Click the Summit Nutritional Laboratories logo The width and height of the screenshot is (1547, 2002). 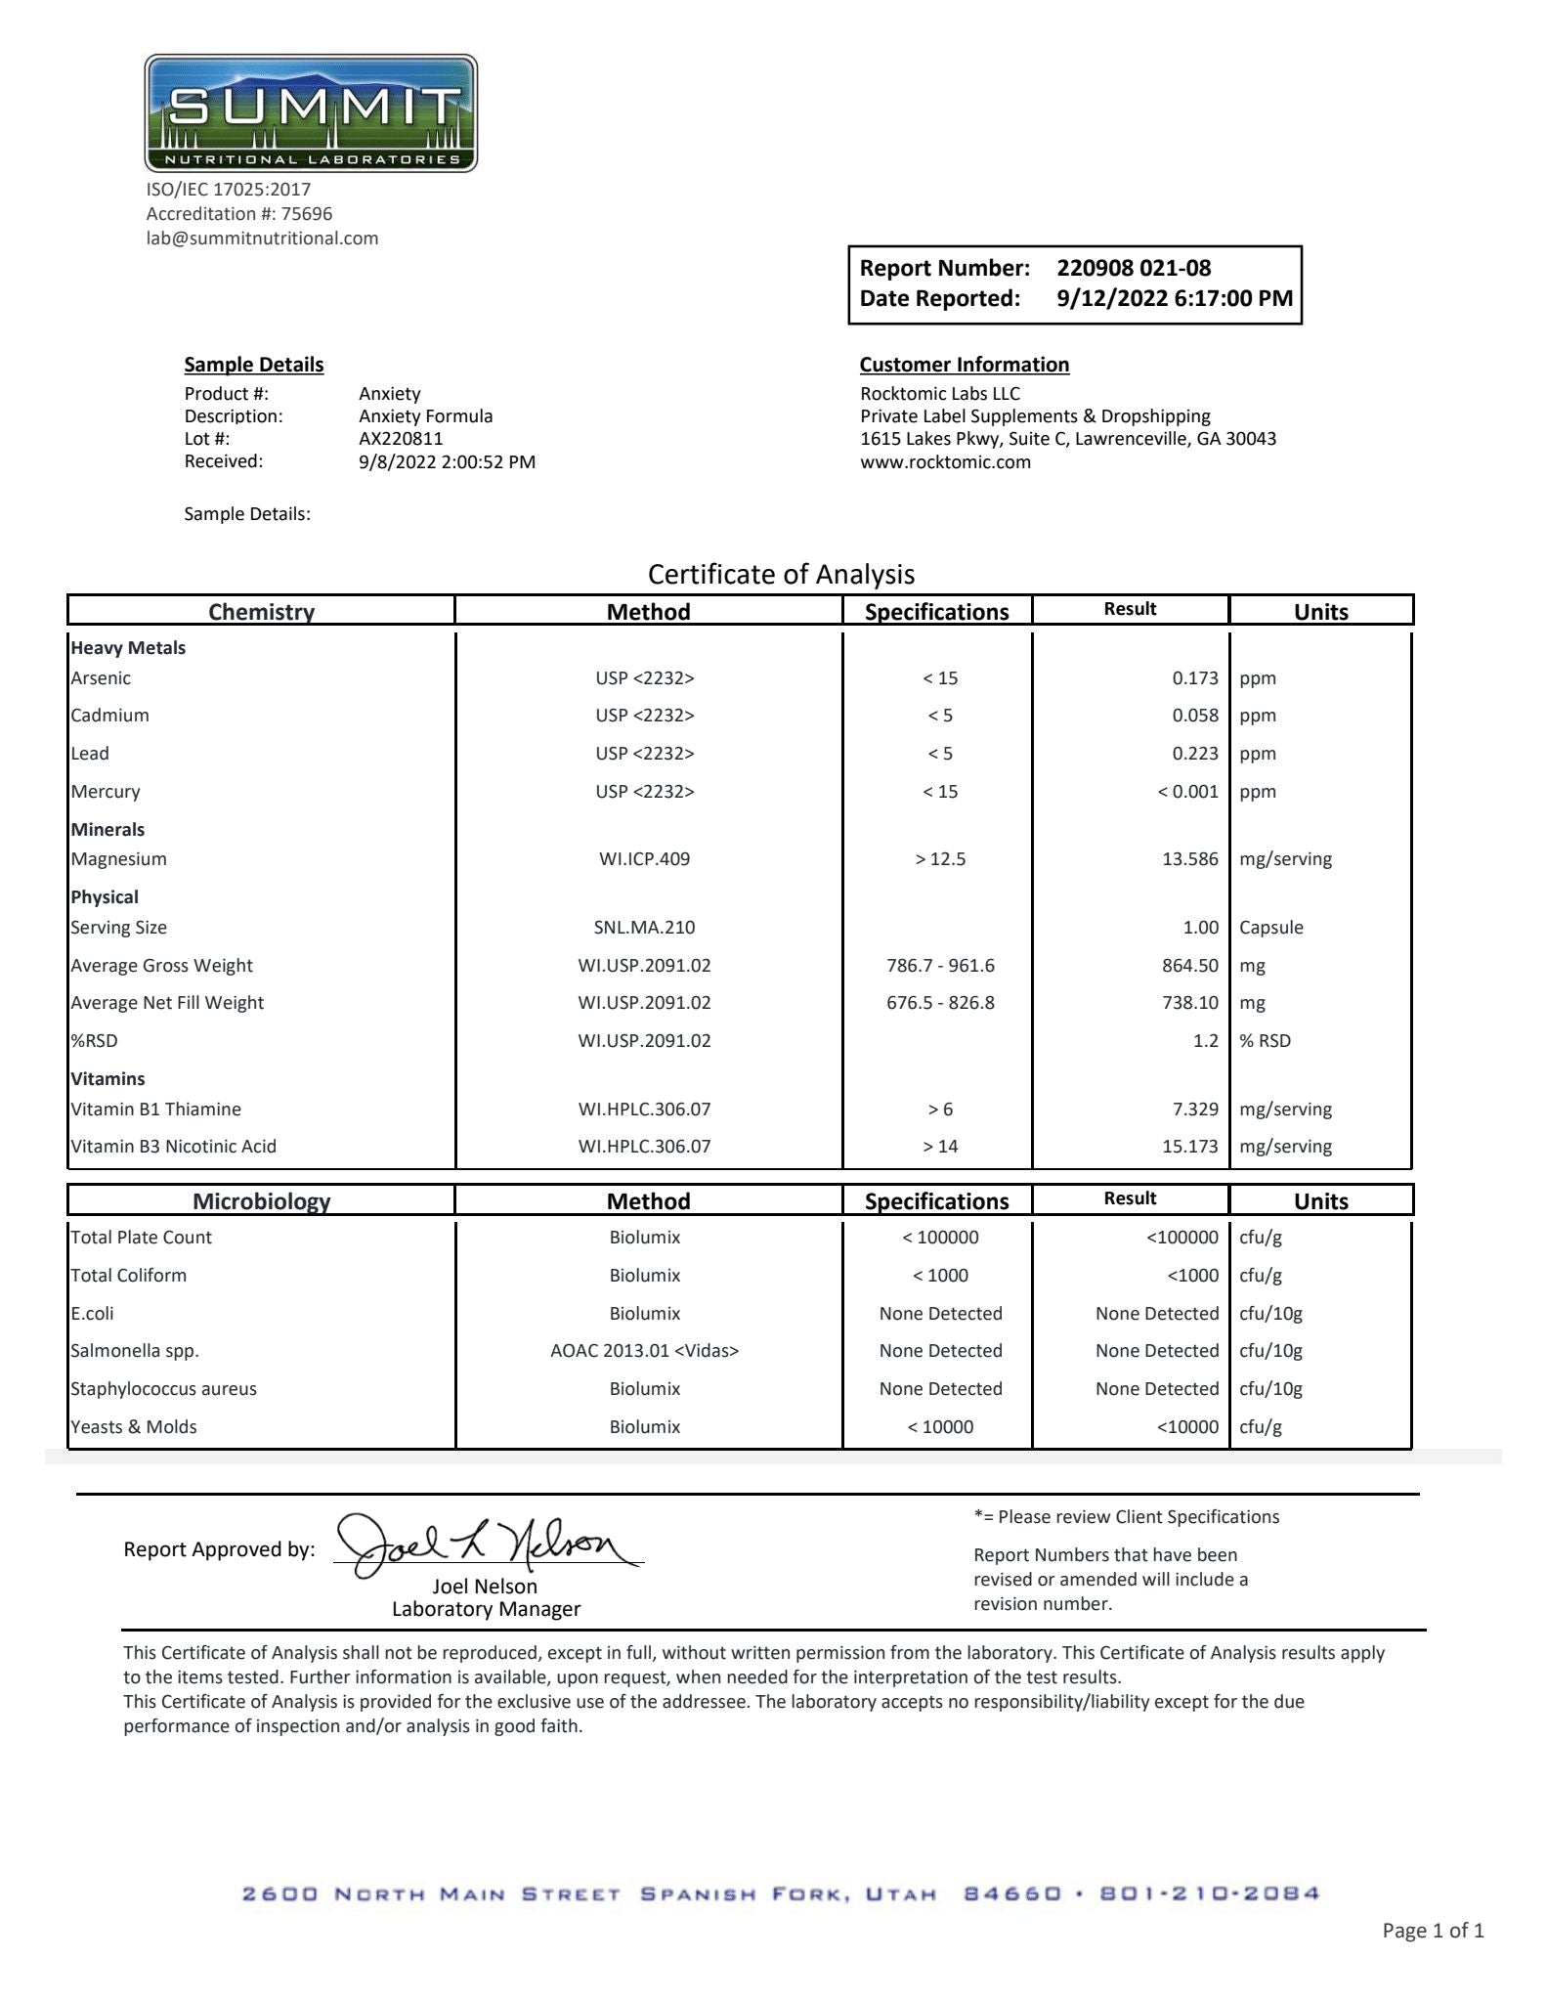(311, 113)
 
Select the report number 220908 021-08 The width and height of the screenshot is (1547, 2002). (1133, 268)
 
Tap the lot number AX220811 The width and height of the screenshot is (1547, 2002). (401, 439)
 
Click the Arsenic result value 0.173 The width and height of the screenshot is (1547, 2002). (1194, 678)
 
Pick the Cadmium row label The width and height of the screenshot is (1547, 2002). (109, 716)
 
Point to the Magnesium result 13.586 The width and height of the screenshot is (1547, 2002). (1189, 859)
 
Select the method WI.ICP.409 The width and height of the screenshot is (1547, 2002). (644, 859)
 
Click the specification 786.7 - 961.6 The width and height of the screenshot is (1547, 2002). (940, 966)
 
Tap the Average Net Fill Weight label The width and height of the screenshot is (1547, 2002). (167, 1003)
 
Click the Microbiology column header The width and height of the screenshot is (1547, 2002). (261, 1201)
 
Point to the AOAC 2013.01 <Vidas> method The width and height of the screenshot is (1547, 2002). (644, 1351)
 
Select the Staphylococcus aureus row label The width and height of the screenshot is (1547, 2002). (163, 1389)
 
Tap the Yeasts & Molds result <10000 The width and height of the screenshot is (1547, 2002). (1187, 1427)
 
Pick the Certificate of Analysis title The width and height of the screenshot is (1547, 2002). (781, 574)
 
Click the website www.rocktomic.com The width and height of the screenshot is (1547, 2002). (945, 462)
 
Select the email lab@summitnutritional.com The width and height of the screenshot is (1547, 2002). (262, 239)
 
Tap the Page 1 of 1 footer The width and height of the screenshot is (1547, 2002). (1432, 1931)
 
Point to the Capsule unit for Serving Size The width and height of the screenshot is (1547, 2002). (1270, 928)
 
